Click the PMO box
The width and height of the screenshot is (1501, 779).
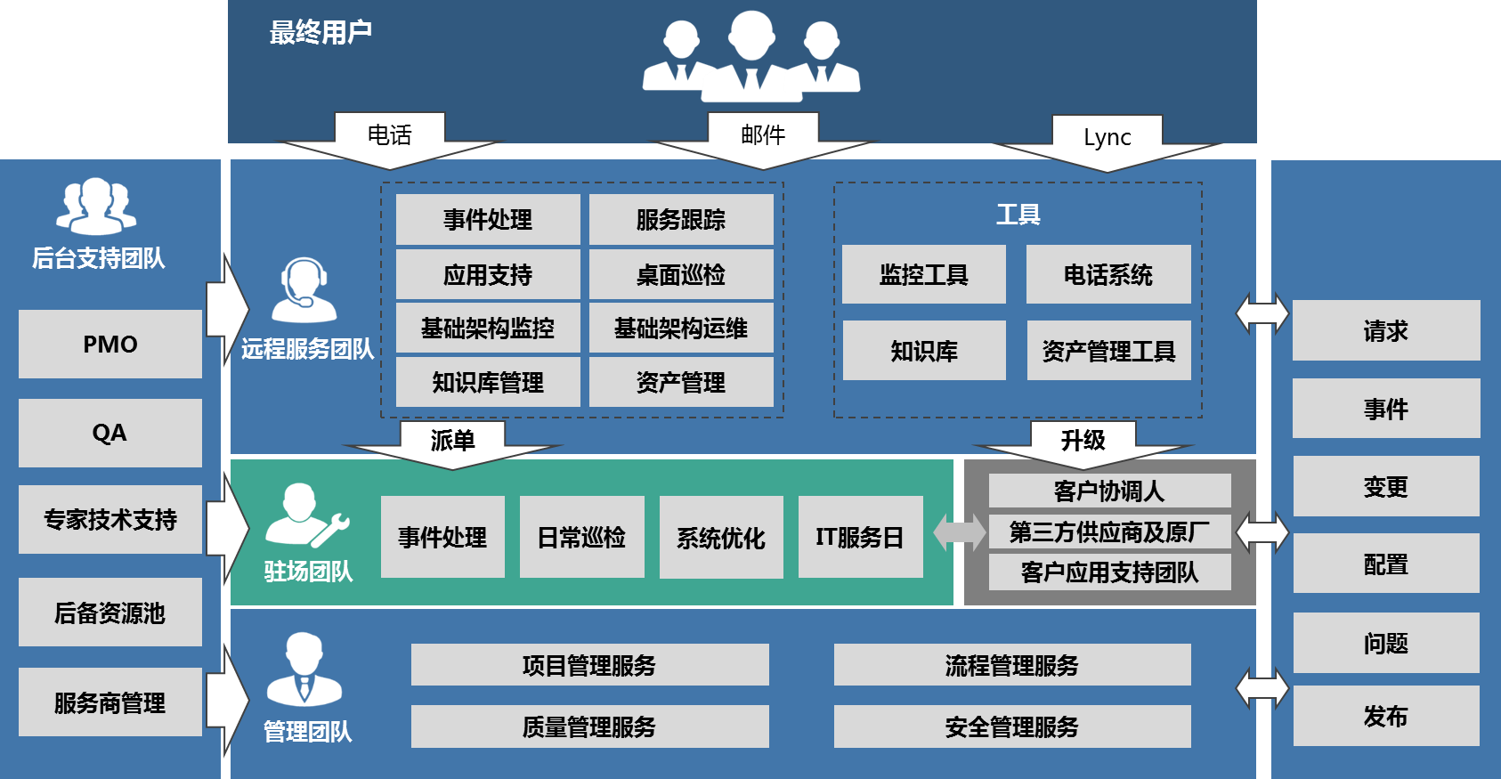point(110,345)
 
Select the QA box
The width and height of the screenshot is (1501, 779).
point(110,434)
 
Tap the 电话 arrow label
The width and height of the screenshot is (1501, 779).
point(390,136)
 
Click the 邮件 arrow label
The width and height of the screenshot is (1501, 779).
point(763,136)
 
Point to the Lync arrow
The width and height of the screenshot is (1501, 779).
point(1107,139)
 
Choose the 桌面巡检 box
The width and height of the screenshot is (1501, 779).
point(681,275)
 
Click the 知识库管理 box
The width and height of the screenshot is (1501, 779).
point(488,383)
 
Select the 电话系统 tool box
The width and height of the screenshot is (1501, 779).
point(1108,275)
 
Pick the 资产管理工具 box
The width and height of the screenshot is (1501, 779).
point(1108,352)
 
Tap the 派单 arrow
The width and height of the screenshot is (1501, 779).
point(452,442)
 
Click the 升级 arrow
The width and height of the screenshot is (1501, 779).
point(1083,442)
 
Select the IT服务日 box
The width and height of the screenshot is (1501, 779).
point(860,538)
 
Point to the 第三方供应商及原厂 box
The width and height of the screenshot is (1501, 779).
point(1109,532)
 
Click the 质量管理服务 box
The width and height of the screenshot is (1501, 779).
point(589,727)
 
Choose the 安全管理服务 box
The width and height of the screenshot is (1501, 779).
point(1012,727)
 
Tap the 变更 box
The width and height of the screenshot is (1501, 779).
point(1386,487)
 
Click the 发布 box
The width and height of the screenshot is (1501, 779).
point(1386,717)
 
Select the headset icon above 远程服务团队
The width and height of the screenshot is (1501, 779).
point(304,290)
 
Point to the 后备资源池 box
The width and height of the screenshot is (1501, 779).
point(110,613)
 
